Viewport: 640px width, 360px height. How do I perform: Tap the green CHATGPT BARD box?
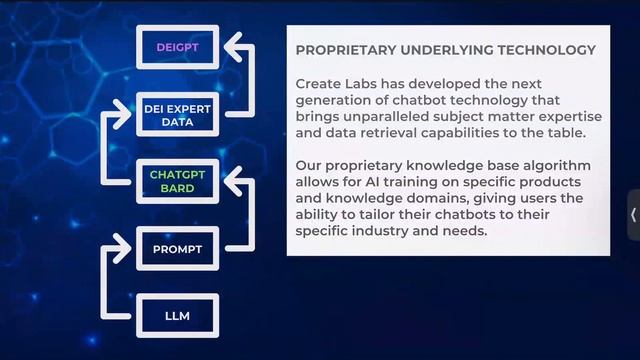[177, 181]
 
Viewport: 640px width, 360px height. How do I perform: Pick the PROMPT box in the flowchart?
[177, 247]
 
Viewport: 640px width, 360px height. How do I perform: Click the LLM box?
[177, 317]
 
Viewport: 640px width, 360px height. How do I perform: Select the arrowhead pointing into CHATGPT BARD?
[231, 181]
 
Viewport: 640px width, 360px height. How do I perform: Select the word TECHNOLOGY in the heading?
[551, 49]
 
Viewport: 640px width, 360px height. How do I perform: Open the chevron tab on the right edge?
[633, 214]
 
